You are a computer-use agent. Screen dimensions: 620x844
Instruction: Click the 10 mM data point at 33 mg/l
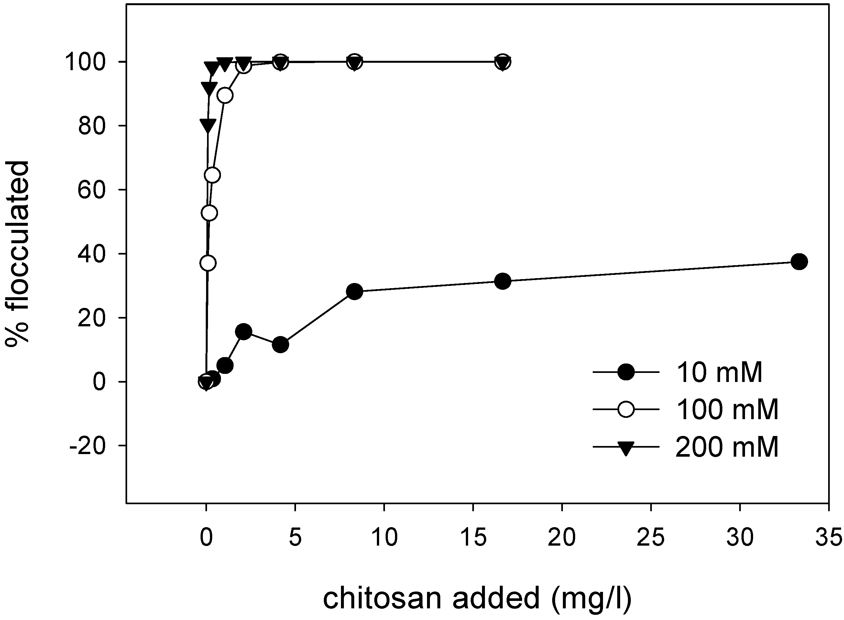pyautogui.click(x=799, y=262)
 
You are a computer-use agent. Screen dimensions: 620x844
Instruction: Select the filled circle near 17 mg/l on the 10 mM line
pyautogui.click(x=502, y=281)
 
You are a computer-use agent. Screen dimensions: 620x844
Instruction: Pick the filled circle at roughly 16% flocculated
pyautogui.click(x=243, y=332)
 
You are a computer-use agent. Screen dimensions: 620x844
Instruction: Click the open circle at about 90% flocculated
pyautogui.click(x=225, y=96)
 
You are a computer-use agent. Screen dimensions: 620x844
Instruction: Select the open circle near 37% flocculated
pyautogui.click(x=208, y=263)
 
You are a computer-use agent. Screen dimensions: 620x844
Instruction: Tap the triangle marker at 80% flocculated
pyautogui.click(x=208, y=126)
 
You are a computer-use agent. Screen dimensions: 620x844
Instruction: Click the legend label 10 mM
pyautogui.click(x=719, y=373)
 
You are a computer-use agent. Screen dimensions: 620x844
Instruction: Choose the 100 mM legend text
pyautogui.click(x=727, y=409)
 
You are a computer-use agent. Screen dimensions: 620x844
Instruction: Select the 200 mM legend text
pyautogui.click(x=727, y=447)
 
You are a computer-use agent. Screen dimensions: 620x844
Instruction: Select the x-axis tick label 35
pyautogui.click(x=828, y=537)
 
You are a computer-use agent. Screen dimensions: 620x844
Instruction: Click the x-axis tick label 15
pyautogui.click(x=473, y=537)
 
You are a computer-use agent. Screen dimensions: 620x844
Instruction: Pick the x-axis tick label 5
pyautogui.click(x=295, y=537)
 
